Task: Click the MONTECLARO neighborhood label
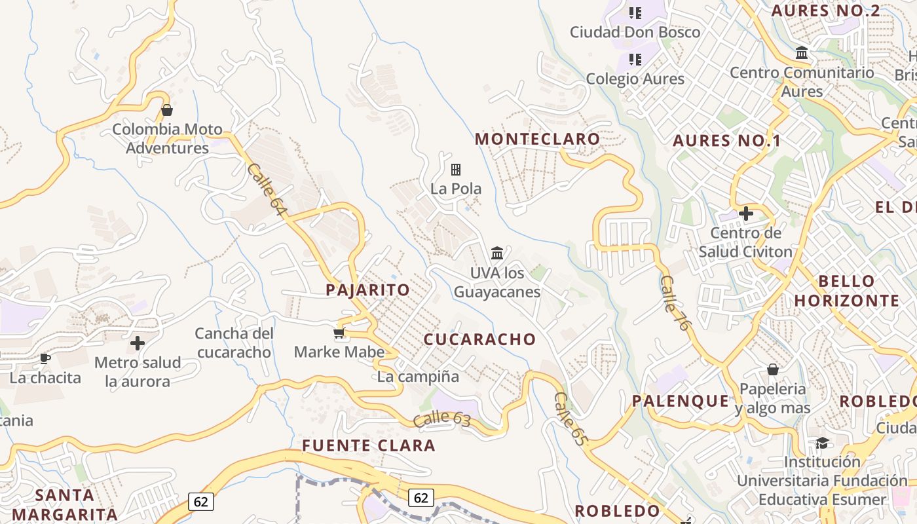[537, 139]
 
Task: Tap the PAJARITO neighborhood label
[367, 290]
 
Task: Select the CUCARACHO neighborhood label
[479, 339]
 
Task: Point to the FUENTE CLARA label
[368, 446]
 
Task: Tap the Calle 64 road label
[267, 189]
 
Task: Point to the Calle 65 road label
[569, 419]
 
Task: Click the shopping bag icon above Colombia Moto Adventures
[167, 110]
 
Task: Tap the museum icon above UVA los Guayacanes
[497, 253]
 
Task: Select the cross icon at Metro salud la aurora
[138, 343]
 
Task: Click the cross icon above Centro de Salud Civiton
[745, 214]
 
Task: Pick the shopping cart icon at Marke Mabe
[339, 334]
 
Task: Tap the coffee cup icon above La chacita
[45, 358]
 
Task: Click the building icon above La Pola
[456, 170]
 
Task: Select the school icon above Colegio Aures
[635, 60]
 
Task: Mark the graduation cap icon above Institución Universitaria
[822, 443]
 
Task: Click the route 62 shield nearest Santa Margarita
[201, 502]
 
